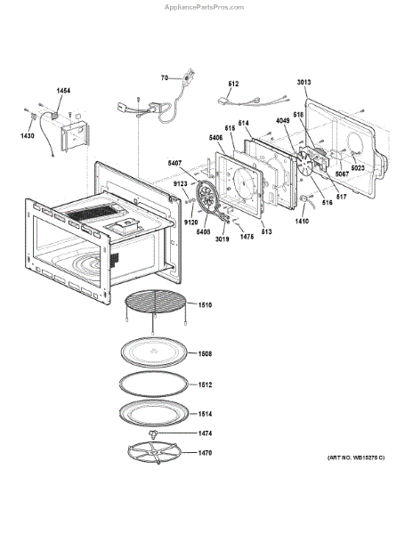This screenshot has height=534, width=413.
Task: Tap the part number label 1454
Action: [64, 92]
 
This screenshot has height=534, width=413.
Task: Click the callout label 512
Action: [233, 84]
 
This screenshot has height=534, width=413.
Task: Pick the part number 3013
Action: [304, 82]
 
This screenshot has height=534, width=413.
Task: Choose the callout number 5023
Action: [357, 168]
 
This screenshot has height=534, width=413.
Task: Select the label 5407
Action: [174, 163]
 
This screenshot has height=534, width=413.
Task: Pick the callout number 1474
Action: [204, 433]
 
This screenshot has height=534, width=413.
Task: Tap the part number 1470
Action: [204, 453]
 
